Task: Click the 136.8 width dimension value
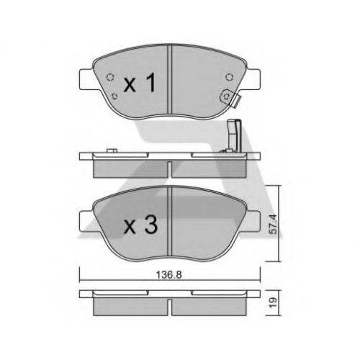click(169, 274)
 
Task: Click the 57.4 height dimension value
click(273, 224)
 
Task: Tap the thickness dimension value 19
click(273, 303)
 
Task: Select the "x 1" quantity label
click(140, 83)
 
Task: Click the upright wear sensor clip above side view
click(233, 135)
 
